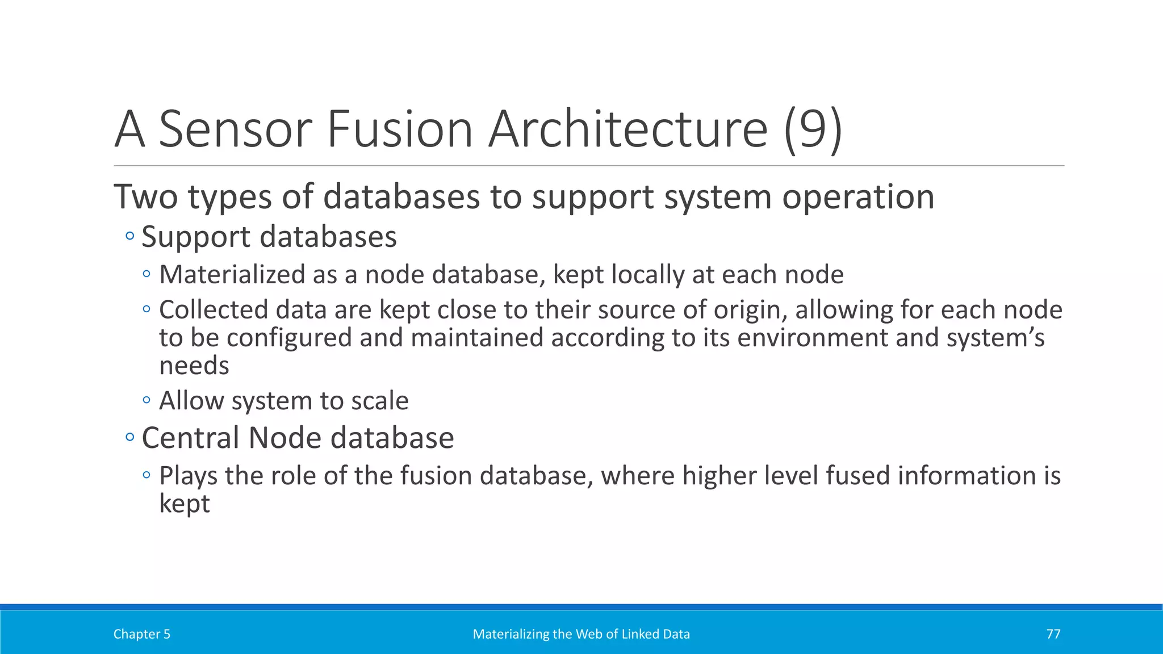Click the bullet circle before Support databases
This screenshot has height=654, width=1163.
[130, 236]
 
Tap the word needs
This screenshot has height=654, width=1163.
[194, 366]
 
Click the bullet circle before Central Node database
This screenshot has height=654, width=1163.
[130, 437]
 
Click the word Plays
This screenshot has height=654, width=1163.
[188, 476]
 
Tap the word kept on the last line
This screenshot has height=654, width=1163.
[184, 504]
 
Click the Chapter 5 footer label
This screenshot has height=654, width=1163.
[141, 634]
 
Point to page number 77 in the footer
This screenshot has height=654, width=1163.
[1053, 634]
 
